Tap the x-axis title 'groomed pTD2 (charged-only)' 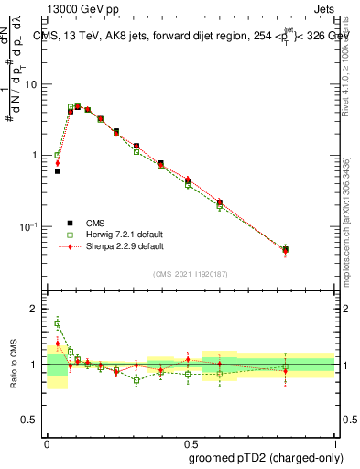click(x=266, y=457)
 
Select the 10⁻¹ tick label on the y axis click(x=31, y=226)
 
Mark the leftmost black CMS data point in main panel click(x=57, y=171)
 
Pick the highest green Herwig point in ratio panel click(x=57, y=323)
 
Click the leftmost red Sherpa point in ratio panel click(x=57, y=344)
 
